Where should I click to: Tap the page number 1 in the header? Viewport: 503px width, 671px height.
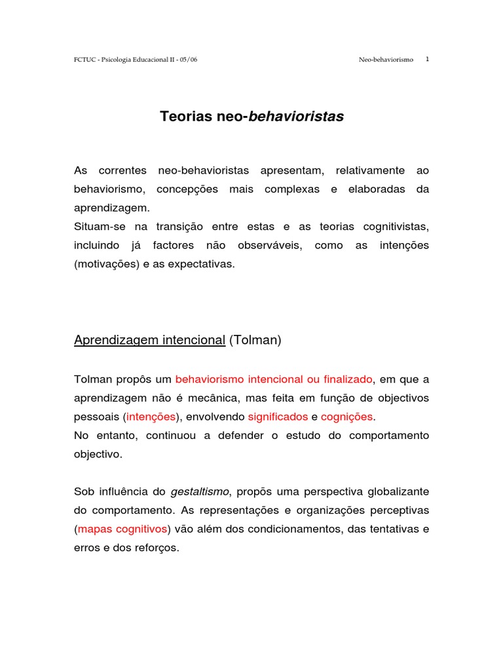pyautogui.click(x=427, y=59)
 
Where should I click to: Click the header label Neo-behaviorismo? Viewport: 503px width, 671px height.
pyautogui.click(x=386, y=60)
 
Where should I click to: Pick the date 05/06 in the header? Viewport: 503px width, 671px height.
pyautogui.click(x=188, y=60)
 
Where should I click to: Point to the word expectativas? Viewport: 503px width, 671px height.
pyautogui.click(x=203, y=264)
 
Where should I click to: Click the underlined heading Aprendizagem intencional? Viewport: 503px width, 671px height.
pyautogui.click(x=149, y=340)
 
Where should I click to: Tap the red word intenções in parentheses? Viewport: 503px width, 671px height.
pyautogui.click(x=151, y=417)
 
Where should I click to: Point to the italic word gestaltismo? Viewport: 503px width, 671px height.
pyautogui.click(x=201, y=491)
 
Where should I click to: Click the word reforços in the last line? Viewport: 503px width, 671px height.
pyautogui.click(x=157, y=548)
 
